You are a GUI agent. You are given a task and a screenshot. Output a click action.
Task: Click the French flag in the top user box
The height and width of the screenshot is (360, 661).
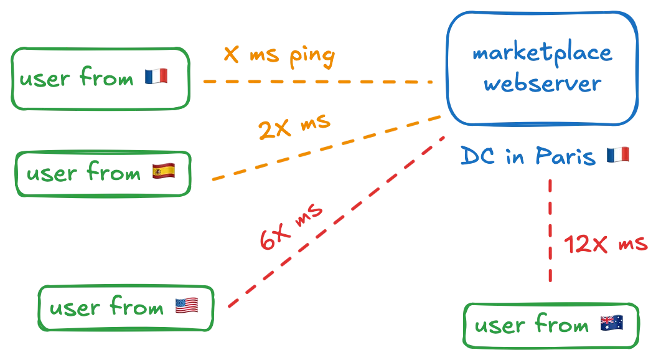click(x=156, y=77)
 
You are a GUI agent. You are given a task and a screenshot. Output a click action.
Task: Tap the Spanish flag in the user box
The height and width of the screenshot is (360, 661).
click(x=164, y=172)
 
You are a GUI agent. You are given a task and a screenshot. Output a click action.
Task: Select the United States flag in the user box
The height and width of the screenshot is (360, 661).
click(x=187, y=305)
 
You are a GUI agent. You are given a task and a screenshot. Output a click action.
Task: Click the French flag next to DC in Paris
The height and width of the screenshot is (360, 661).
click(x=619, y=154)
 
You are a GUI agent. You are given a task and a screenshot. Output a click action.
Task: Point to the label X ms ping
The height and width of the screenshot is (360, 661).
click(x=279, y=57)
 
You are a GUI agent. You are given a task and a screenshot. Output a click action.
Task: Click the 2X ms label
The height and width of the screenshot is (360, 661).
click(x=294, y=128)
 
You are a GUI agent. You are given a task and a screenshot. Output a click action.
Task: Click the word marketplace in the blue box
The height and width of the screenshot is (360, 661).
click(x=541, y=54)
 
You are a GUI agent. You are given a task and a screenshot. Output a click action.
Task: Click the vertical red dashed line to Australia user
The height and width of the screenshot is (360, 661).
click(x=550, y=230)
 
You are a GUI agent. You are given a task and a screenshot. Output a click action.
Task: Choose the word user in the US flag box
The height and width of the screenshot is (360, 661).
click(x=74, y=309)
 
